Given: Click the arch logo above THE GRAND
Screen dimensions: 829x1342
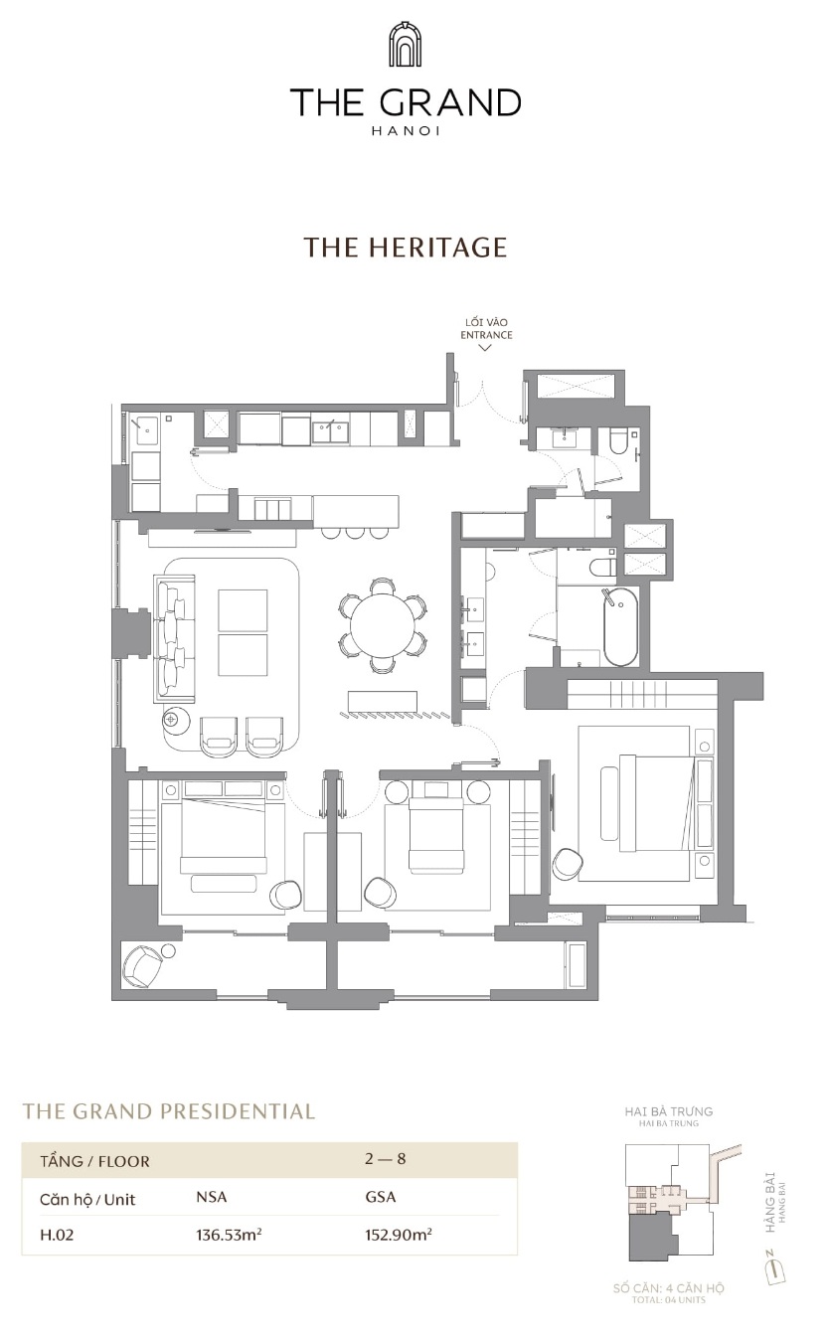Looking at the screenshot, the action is pos(405,44).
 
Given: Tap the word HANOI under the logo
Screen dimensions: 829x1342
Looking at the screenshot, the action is pos(406,130).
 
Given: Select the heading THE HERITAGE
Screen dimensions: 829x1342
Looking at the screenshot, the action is pos(406,247).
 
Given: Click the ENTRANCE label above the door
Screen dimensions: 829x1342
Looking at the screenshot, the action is pos(486,335).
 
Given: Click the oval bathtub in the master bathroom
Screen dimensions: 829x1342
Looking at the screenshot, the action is pos(620,626).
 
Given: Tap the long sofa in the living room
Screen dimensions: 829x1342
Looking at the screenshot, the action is pos(174,638).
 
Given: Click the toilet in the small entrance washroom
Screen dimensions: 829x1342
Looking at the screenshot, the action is pos(617,441).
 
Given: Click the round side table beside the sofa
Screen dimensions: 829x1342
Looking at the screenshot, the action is pos(176,718).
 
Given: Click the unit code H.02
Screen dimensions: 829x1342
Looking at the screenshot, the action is pos(57,1235).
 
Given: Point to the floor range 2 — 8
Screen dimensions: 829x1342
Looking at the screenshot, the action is pos(386,1159).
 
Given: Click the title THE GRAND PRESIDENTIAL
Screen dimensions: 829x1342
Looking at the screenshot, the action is pos(168,1111).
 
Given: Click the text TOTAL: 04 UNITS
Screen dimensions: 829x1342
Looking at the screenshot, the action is pos(669,1299).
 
